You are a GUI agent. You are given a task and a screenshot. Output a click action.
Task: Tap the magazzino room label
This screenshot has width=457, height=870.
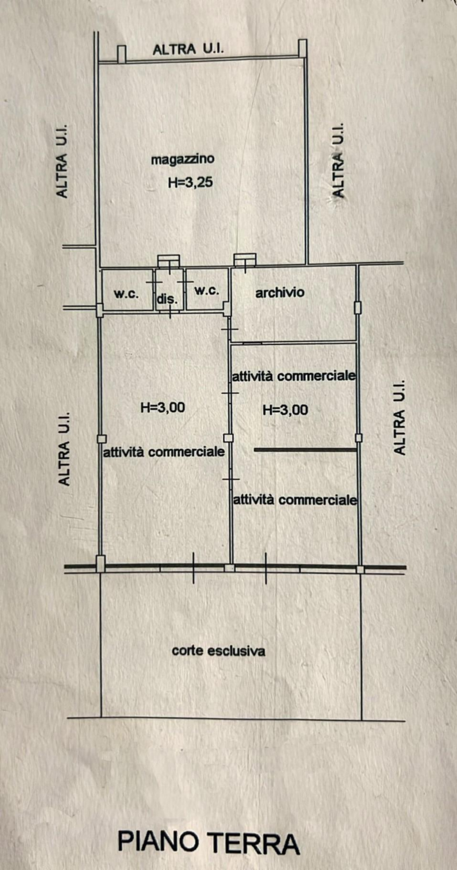click(183, 159)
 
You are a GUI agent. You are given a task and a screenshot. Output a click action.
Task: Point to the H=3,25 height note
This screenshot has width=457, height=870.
click(190, 182)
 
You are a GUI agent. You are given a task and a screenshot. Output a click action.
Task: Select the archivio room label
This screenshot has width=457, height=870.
click(280, 292)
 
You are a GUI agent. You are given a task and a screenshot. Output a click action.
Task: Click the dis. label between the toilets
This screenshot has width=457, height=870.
click(167, 300)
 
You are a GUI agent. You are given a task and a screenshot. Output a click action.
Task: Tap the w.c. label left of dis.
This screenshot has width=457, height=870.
click(126, 294)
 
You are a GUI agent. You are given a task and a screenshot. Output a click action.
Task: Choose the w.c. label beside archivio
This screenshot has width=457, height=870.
click(207, 291)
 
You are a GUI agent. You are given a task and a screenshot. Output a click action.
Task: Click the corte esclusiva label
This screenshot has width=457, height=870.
click(218, 651)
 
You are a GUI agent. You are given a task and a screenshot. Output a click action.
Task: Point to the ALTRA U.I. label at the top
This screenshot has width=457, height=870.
click(189, 49)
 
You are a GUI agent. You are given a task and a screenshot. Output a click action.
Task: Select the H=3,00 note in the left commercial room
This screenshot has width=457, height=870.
click(163, 407)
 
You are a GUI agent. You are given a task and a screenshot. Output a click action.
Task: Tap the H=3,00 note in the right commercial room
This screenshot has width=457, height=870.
click(285, 410)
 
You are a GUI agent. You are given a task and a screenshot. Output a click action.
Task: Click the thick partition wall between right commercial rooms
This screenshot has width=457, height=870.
click(305, 450)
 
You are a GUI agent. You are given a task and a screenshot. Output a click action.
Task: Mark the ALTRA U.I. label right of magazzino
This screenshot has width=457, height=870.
click(338, 161)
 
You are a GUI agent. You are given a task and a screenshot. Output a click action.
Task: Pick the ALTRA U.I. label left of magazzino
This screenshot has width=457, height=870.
click(62, 161)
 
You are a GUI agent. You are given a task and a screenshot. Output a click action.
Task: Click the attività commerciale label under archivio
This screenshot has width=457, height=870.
click(294, 376)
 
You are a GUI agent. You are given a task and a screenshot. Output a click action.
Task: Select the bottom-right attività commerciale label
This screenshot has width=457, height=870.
click(294, 500)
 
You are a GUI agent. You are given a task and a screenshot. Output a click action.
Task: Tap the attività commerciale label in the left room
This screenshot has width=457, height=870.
click(164, 452)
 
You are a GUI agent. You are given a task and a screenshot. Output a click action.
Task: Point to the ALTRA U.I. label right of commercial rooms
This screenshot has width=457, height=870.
click(400, 417)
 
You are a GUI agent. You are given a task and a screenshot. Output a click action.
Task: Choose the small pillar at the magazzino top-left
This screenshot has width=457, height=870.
click(122, 54)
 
